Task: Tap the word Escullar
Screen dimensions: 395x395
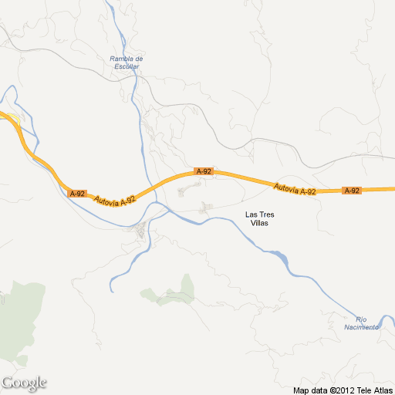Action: point(127,66)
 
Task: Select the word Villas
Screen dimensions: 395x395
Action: point(260,223)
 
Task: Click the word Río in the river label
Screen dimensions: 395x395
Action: point(361,319)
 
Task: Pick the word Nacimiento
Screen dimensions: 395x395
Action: point(361,327)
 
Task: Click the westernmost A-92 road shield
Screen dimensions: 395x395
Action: point(76,194)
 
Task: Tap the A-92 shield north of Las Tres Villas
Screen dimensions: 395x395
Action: point(203,171)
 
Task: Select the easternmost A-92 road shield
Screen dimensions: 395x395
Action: point(352,191)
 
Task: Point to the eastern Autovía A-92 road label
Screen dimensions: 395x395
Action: point(295,187)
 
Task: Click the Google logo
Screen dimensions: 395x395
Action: point(24,383)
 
